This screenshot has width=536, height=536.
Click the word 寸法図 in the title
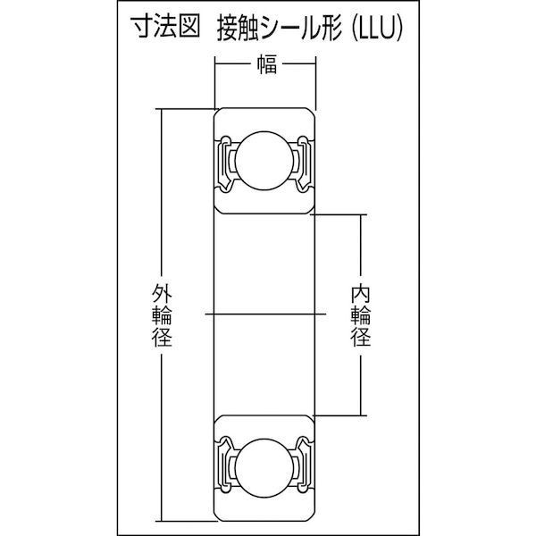click(165, 28)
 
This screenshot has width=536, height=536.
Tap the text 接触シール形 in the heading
click(280, 29)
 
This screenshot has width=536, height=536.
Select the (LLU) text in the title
click(377, 29)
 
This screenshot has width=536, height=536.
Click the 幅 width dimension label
click(266, 64)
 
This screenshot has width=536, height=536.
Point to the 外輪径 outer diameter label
click(162, 316)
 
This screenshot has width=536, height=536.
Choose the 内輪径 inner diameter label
click(361, 316)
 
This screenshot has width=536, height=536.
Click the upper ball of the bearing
click(264, 161)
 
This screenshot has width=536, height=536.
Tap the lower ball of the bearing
click(264, 468)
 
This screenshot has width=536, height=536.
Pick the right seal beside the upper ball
click(303, 164)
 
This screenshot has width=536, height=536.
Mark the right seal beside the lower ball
click(303, 465)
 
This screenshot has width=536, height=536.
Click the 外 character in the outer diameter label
click(162, 295)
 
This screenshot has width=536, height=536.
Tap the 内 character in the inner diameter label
click(361, 295)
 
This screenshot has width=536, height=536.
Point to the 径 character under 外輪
click(162, 338)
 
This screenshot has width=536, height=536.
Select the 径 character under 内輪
click(361, 338)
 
